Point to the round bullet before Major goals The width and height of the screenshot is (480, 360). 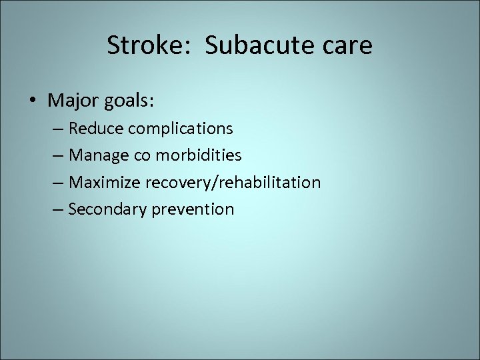tap(33, 101)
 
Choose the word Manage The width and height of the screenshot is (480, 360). tap(96, 156)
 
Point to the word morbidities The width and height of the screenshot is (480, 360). tap(198, 155)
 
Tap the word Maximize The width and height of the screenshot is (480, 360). tap(101, 182)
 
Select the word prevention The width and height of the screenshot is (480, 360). tap(193, 209)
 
